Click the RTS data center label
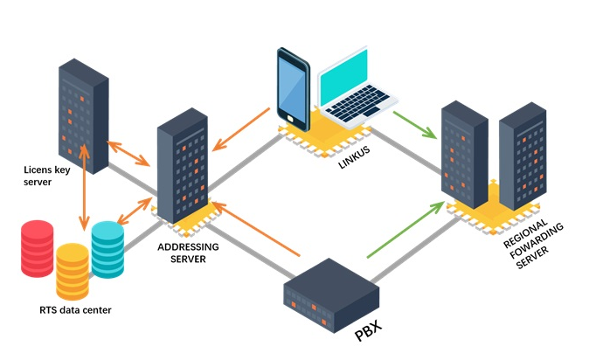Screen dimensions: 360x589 (75, 310)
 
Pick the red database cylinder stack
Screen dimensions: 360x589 (38, 248)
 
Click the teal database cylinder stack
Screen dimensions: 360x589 (107, 248)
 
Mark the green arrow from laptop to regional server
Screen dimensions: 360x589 (414, 124)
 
